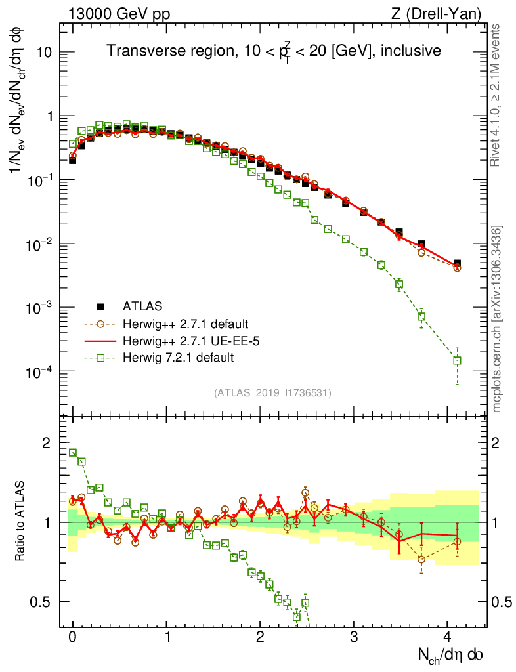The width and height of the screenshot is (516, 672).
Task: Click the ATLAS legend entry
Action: tap(140, 306)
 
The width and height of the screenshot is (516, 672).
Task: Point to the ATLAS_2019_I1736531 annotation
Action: tap(272, 393)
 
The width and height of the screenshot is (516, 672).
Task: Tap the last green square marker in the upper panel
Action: tap(457, 360)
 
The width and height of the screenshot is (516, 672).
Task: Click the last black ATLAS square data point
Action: tap(457, 264)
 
